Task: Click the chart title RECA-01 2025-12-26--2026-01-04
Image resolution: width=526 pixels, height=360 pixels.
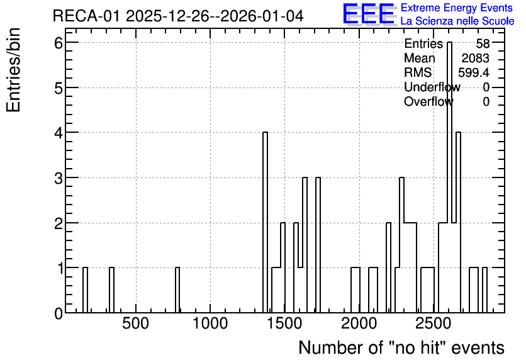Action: (x=178, y=16)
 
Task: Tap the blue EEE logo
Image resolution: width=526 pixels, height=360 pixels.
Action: (x=369, y=14)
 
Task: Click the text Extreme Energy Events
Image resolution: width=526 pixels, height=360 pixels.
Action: (x=457, y=8)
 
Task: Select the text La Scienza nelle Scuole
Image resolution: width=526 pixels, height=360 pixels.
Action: (x=457, y=21)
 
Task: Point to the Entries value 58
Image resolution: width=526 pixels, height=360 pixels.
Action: (x=483, y=43)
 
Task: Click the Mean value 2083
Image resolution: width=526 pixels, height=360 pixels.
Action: (x=475, y=58)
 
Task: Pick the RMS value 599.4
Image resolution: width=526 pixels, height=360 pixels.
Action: (x=474, y=72)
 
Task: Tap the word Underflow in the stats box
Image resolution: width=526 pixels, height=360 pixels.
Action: (x=432, y=87)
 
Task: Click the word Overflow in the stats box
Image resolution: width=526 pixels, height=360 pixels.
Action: (x=428, y=101)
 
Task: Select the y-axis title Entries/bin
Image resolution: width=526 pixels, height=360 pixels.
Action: (x=13, y=70)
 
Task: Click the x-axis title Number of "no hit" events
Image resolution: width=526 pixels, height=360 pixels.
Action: (x=401, y=347)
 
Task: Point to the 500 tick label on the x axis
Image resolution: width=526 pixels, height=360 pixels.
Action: (x=135, y=323)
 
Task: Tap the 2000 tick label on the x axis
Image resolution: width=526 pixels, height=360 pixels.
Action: (x=359, y=323)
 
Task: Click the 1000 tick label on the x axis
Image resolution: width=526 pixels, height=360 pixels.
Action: (x=210, y=323)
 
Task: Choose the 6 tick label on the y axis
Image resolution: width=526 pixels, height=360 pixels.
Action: (x=59, y=43)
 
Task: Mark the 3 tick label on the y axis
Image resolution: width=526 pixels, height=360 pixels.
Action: (x=59, y=178)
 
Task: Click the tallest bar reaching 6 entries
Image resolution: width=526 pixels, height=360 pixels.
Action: (x=449, y=177)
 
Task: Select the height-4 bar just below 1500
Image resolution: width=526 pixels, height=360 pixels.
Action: (x=265, y=222)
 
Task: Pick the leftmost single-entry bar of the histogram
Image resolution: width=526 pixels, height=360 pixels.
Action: (x=85, y=290)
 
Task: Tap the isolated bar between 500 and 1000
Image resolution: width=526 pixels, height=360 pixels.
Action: (x=177, y=290)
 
